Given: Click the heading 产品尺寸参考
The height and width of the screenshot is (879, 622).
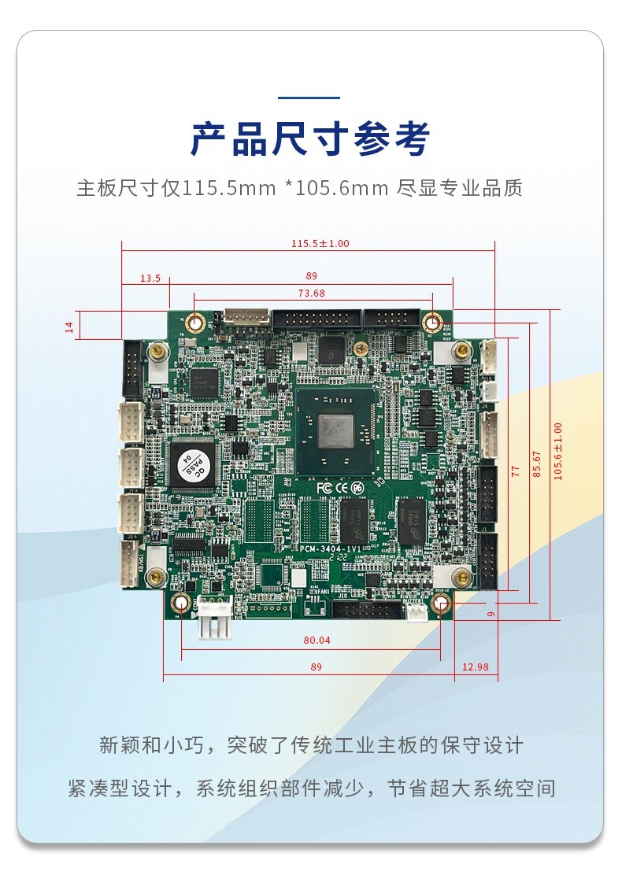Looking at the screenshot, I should (x=310, y=140).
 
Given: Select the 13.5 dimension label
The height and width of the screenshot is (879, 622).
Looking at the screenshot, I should (x=150, y=278).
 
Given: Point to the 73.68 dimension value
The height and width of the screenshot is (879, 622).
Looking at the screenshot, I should (x=311, y=294).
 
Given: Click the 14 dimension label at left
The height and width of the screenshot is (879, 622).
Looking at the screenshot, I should (x=68, y=326).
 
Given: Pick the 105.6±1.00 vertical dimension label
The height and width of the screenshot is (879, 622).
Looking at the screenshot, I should (x=558, y=452).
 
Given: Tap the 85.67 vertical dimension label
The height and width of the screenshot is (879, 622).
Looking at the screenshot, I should (x=537, y=464).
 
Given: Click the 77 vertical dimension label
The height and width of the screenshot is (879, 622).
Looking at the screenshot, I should (x=516, y=471).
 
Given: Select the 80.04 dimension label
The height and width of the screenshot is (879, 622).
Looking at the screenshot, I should (x=317, y=641).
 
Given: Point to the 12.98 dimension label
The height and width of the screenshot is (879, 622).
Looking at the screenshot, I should (x=475, y=667).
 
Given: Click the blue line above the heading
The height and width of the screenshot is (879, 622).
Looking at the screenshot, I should (x=310, y=98).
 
